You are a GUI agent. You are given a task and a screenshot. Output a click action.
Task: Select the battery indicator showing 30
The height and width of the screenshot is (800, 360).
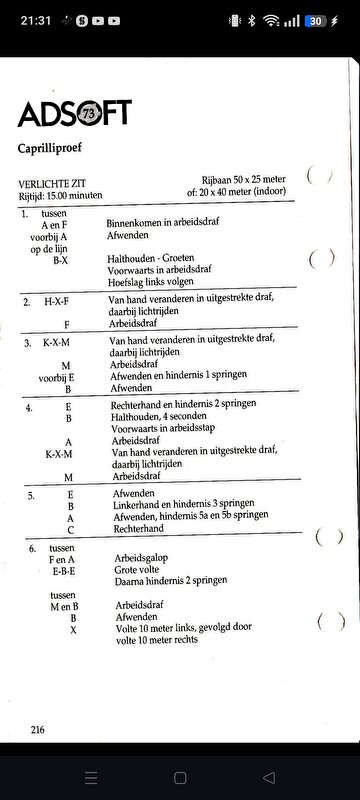[315, 20]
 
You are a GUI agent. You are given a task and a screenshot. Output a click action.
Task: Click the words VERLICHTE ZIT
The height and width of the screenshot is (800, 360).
[49, 184]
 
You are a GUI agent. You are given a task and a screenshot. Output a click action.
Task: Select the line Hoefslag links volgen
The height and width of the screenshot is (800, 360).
[155, 281]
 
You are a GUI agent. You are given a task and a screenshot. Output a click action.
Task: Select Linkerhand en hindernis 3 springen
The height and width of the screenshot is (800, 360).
[188, 506]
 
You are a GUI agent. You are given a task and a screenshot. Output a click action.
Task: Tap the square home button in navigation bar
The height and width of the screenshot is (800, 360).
[180, 777]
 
